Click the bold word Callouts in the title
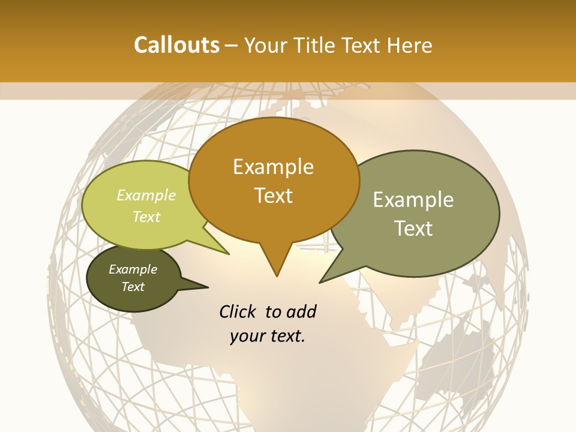click(176, 45)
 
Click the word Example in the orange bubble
click(273, 167)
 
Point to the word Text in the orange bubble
click(274, 195)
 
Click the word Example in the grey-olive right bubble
click(413, 200)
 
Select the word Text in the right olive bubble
click(413, 228)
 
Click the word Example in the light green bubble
click(146, 195)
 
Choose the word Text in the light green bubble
click(146, 217)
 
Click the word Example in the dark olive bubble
click(133, 269)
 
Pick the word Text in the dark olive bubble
click(133, 287)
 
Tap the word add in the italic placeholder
click(302, 311)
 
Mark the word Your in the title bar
click(265, 45)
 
